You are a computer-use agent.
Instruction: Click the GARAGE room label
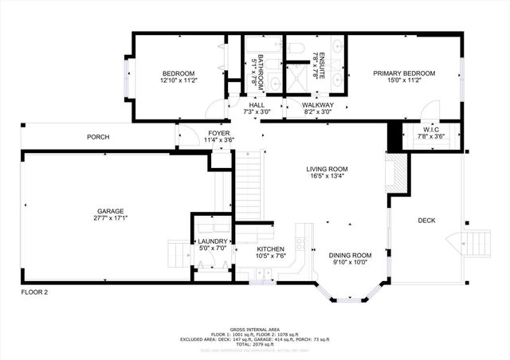[x=111, y=211]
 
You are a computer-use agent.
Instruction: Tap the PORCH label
[x=99, y=137]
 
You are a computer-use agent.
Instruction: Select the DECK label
[x=426, y=221]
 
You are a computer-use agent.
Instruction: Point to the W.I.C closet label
[x=431, y=130]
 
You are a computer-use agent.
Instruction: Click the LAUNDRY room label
[x=212, y=241]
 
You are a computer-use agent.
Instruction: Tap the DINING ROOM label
[x=351, y=255]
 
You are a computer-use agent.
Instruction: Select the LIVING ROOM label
[x=328, y=169]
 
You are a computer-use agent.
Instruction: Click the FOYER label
[x=219, y=133]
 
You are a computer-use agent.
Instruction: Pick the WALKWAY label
[x=319, y=105]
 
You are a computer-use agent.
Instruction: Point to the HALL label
[x=257, y=105]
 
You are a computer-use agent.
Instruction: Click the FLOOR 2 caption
[x=34, y=292]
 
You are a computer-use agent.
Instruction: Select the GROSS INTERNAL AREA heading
[x=254, y=327]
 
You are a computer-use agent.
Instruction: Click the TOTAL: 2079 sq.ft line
[x=254, y=344]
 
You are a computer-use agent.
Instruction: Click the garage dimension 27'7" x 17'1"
[x=111, y=218]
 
